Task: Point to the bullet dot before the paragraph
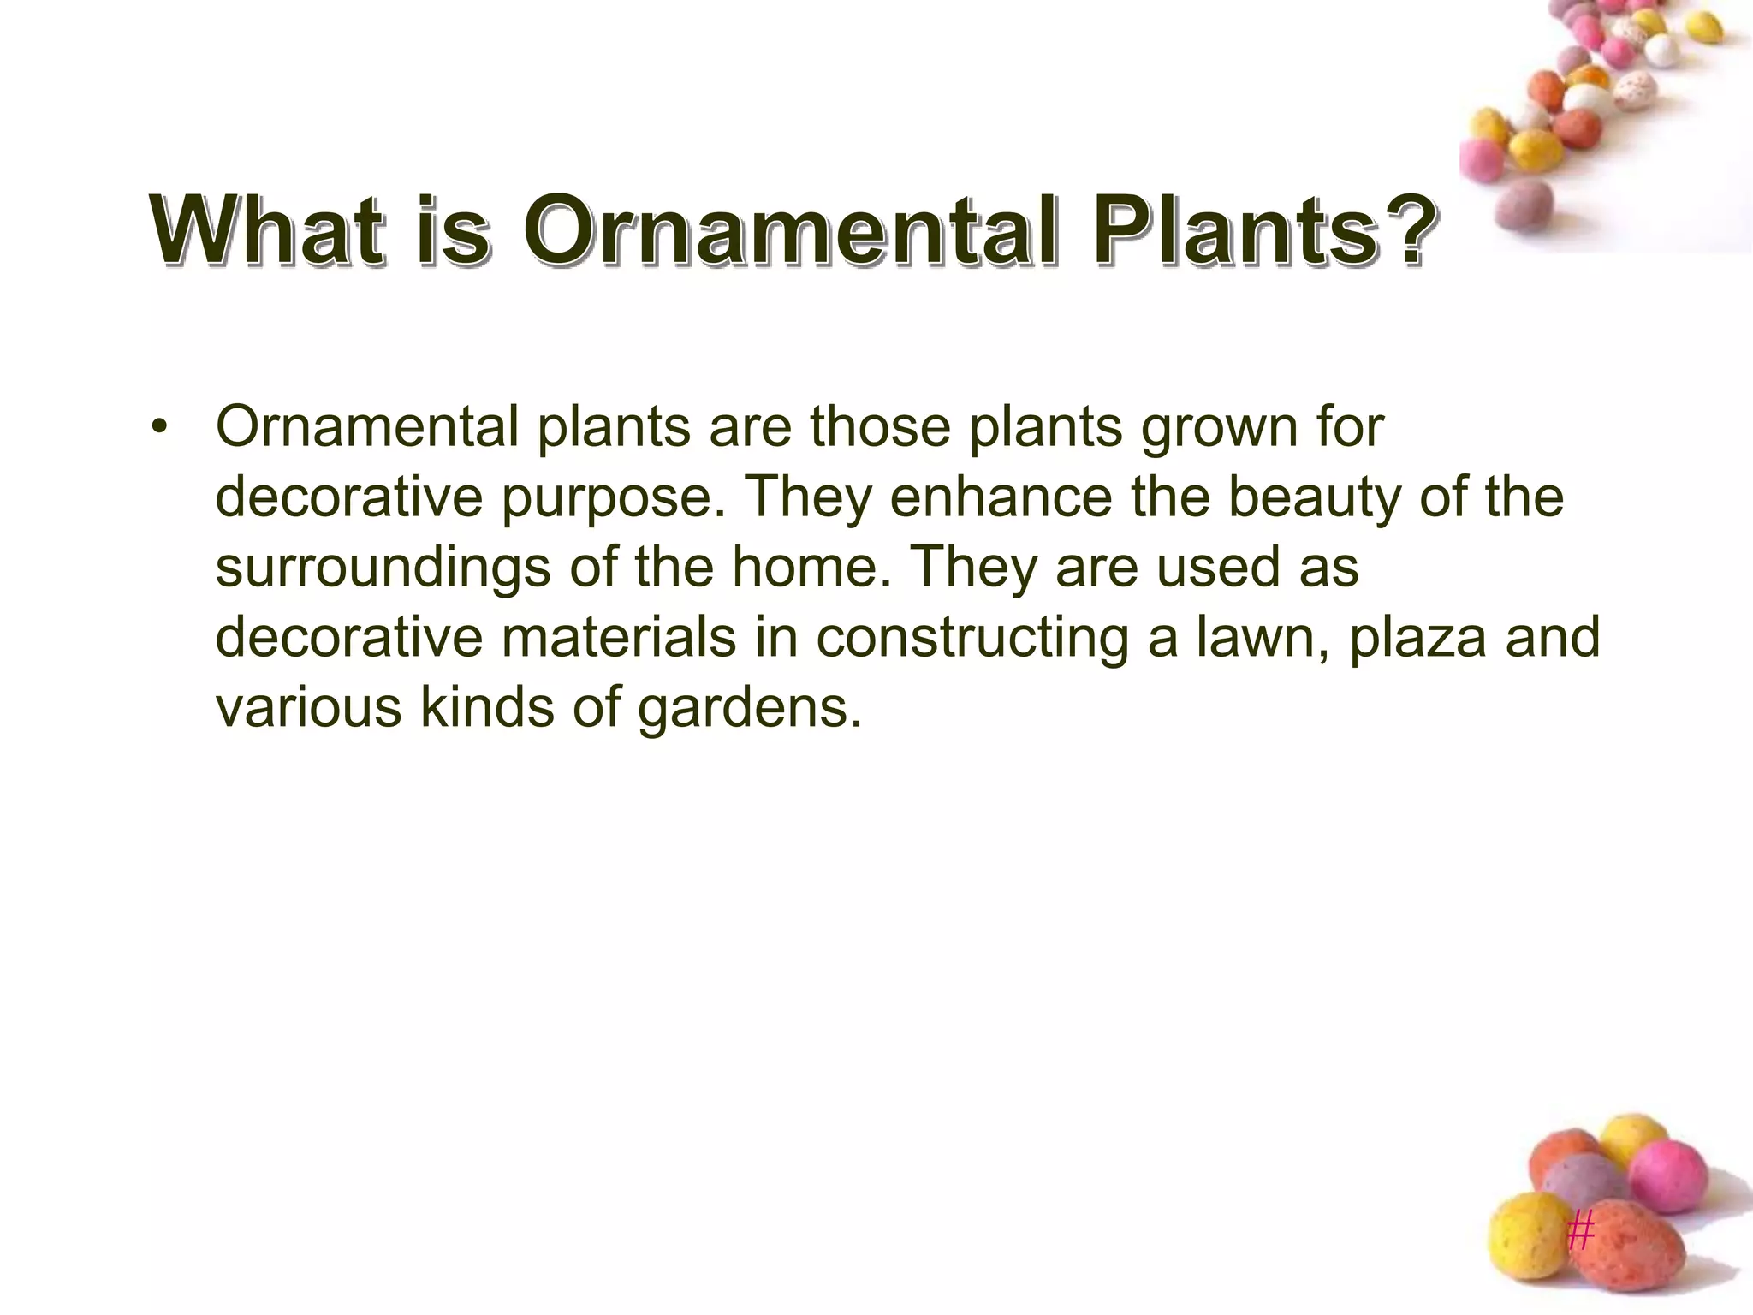pyautogui.click(x=157, y=427)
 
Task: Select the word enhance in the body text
pyautogui.click(x=1001, y=497)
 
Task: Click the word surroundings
pyautogui.click(x=383, y=568)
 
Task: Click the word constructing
pyautogui.click(x=972, y=638)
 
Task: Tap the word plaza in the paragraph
pyautogui.click(x=1417, y=638)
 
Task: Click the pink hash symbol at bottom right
pyautogui.click(x=1581, y=1233)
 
